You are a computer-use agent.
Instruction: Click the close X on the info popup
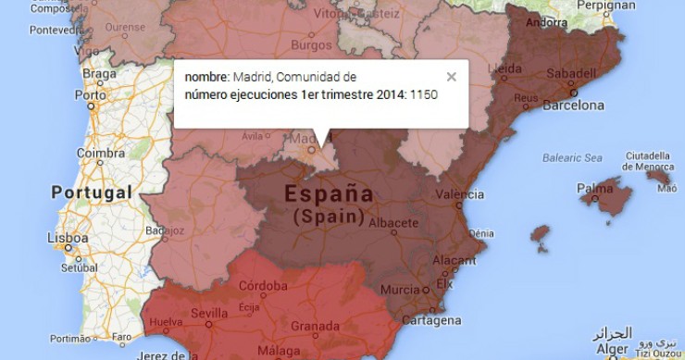tap(451, 78)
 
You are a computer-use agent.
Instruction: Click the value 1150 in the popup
tap(424, 94)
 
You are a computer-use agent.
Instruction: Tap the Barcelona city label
tap(573, 106)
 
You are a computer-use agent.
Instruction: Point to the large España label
tap(329, 194)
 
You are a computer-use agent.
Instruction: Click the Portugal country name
tap(88, 193)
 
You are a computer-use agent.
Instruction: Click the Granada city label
tap(317, 326)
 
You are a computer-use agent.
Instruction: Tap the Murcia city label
tap(400, 290)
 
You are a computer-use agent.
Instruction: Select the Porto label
tap(91, 94)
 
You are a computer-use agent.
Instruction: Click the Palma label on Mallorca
tap(594, 189)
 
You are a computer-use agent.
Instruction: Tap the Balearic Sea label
tap(571, 157)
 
